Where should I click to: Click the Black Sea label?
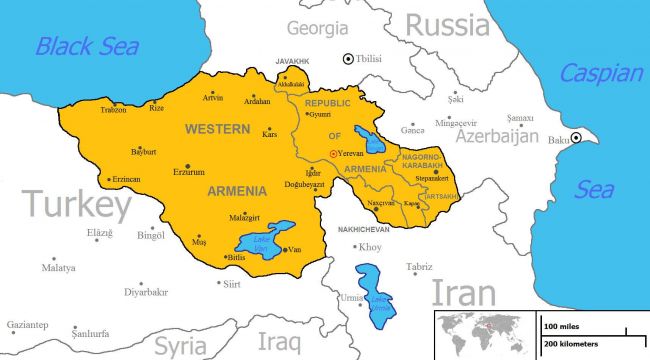tap(87, 45)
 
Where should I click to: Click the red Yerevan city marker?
tap(335, 154)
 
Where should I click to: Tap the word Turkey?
tap(78, 205)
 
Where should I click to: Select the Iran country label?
tap(463, 292)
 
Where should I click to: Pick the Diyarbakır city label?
tap(146, 293)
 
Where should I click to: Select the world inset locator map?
tap(485, 334)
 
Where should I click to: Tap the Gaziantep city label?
tap(27, 325)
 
